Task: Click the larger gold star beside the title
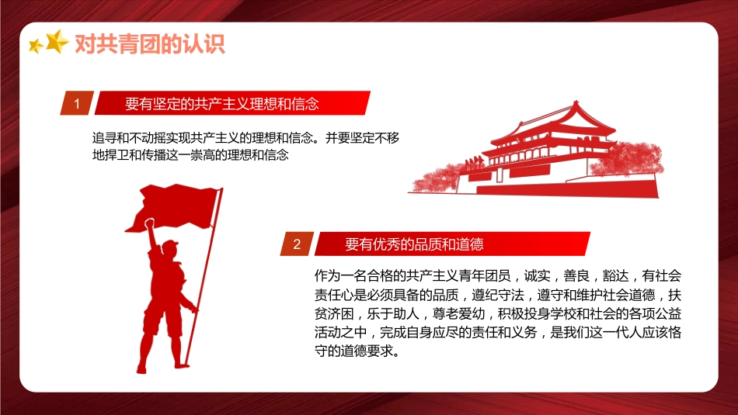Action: [57, 41]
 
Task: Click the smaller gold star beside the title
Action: [35, 47]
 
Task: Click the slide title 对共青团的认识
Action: [149, 44]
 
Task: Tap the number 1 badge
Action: [77, 103]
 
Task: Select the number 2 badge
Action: [296, 244]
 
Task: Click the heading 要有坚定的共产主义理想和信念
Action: [222, 103]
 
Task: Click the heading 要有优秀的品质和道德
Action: [414, 244]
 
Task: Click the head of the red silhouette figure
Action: [169, 250]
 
